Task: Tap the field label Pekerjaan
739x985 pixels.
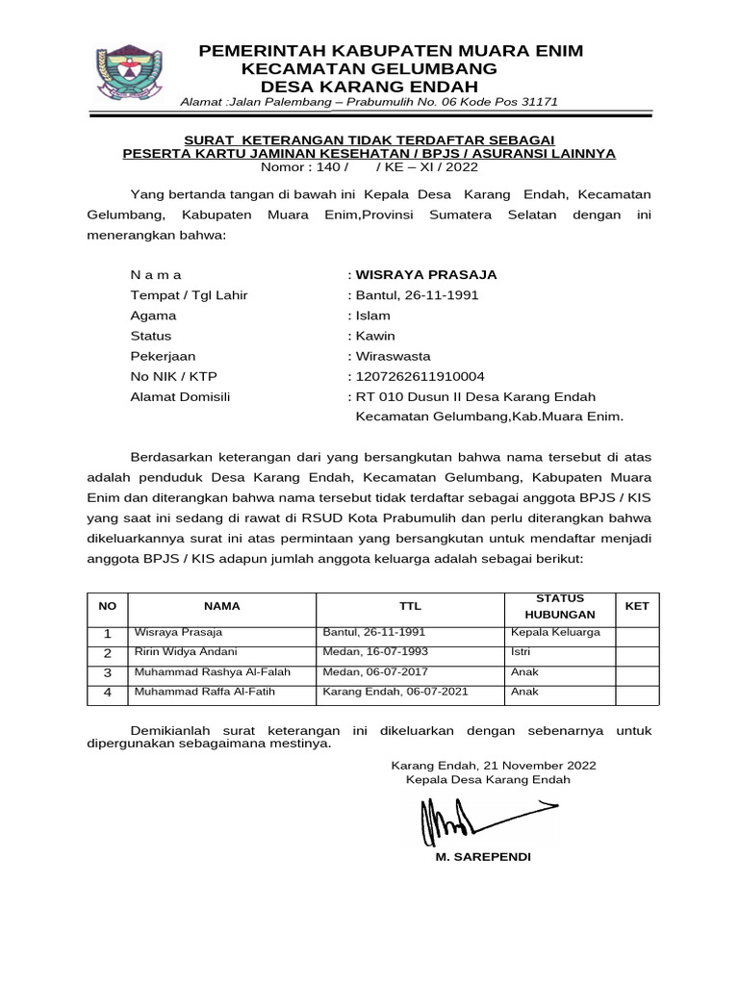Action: (163, 356)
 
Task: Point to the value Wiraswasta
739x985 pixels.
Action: (394, 356)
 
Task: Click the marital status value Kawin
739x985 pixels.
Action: (376, 336)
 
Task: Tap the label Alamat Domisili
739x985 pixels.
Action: (180, 396)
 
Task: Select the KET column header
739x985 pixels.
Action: (637, 606)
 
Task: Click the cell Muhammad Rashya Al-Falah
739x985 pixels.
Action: (212, 671)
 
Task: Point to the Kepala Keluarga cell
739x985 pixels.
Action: (556, 632)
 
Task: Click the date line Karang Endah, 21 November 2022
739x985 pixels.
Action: (493, 765)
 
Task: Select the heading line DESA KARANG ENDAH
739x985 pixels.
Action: (369, 85)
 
